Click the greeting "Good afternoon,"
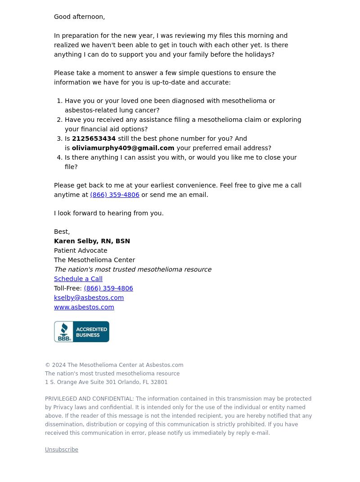(x=79, y=17)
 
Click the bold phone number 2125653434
(x=94, y=138)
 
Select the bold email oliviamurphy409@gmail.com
(x=123, y=148)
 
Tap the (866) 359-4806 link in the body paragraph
(x=114, y=195)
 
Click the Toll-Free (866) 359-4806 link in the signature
(x=108, y=288)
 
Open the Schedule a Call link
(x=78, y=279)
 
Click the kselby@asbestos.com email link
(x=89, y=298)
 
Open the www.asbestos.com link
(x=84, y=307)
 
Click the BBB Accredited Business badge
(x=81, y=331)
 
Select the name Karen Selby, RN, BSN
(x=92, y=241)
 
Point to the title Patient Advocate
(x=81, y=250)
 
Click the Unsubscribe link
(x=62, y=450)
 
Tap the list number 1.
(x=59, y=101)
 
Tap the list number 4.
(x=59, y=157)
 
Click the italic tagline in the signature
(x=132, y=269)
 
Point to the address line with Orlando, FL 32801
(x=106, y=382)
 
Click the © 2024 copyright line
(x=114, y=365)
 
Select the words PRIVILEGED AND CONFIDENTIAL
(x=89, y=399)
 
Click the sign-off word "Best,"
(x=62, y=232)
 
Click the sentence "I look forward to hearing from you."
(x=108, y=213)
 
